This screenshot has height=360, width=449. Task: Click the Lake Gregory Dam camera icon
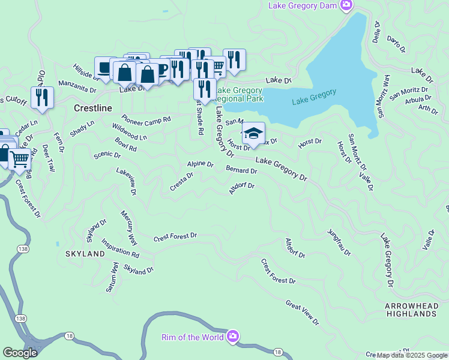346,5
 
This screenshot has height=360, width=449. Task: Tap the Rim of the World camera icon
233,336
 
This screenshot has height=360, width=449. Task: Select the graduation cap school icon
253,133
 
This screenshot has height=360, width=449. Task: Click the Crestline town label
93,108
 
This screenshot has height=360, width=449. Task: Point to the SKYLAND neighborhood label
85,254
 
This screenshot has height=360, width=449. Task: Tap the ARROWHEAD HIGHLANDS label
411,310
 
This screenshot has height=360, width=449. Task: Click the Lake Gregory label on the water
315,97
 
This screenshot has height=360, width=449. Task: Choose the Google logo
20,353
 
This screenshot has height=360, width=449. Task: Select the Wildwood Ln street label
129,133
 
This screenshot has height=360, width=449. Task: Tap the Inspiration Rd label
121,250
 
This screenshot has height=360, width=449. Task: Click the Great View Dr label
302,313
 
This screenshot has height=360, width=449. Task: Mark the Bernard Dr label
241,170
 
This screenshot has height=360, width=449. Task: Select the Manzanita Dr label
77,86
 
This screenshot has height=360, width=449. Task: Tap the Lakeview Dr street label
127,181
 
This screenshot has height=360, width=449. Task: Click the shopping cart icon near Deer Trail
20,159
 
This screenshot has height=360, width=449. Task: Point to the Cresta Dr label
181,182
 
